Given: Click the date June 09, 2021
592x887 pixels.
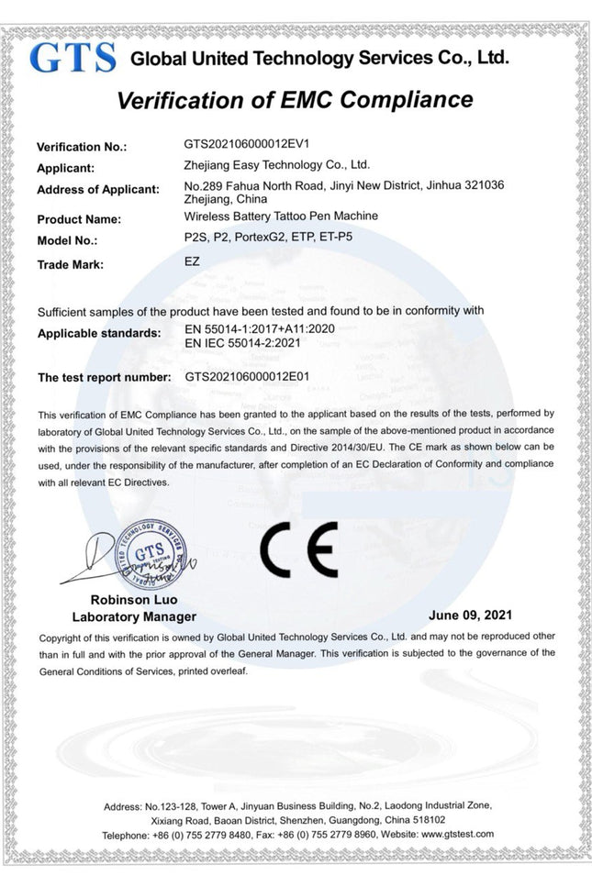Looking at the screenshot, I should point(470,614).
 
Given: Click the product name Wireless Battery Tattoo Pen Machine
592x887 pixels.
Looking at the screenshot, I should point(281,217).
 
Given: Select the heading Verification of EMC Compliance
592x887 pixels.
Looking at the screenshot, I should point(296,100).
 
